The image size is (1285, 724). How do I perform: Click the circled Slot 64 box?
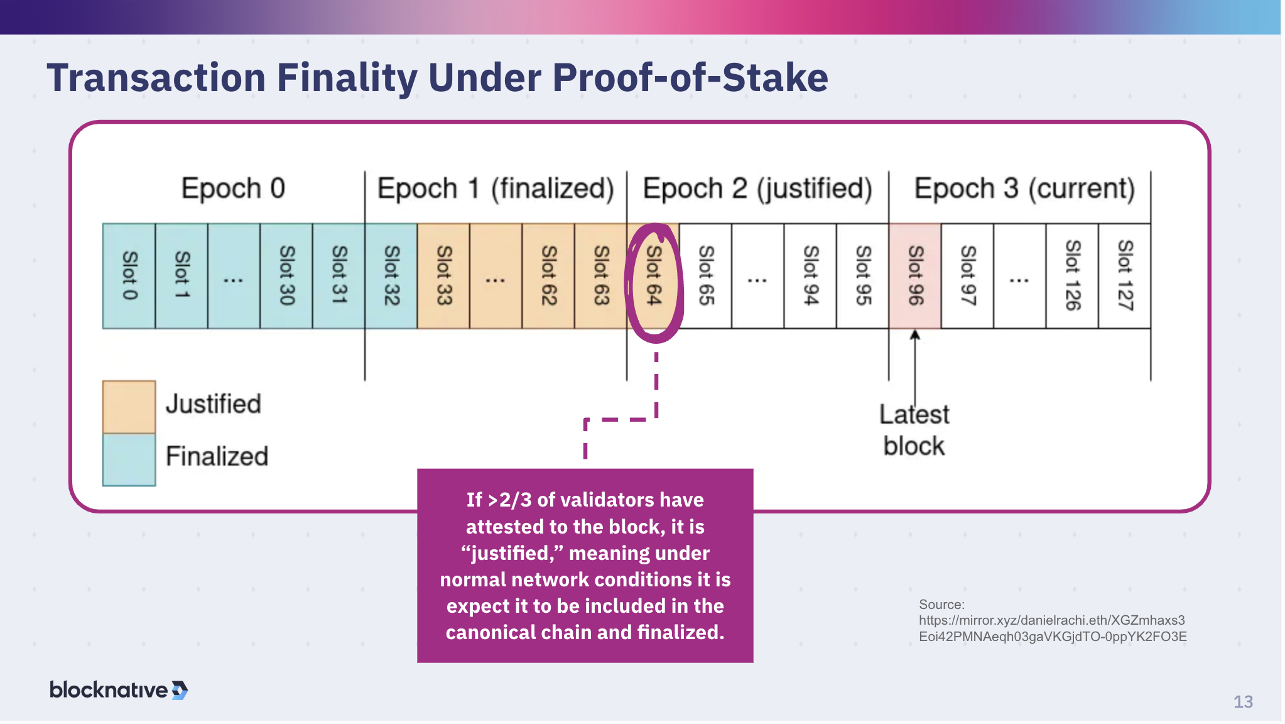(653, 277)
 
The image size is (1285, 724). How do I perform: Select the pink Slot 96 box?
(915, 277)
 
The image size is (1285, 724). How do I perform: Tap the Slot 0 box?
(129, 277)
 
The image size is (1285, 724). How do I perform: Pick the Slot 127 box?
(1125, 277)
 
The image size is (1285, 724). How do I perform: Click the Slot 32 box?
(391, 277)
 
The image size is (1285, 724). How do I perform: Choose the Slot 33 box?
(443, 277)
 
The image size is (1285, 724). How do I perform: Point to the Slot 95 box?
(863, 277)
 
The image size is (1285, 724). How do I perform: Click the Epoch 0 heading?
(233, 189)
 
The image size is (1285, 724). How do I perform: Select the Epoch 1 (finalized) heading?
(495, 189)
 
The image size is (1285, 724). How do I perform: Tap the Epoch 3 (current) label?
(1024, 189)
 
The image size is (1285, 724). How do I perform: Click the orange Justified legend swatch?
(129, 407)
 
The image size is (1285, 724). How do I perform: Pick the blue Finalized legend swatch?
(129, 459)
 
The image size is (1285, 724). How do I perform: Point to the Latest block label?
(914, 431)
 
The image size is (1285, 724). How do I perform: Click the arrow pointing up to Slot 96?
(915, 365)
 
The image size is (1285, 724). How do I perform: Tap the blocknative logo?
(118, 690)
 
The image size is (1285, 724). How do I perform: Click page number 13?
(1242, 702)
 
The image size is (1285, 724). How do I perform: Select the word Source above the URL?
(940, 605)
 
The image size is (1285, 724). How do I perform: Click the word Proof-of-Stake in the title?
(690, 78)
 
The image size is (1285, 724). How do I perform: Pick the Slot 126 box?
(1072, 277)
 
